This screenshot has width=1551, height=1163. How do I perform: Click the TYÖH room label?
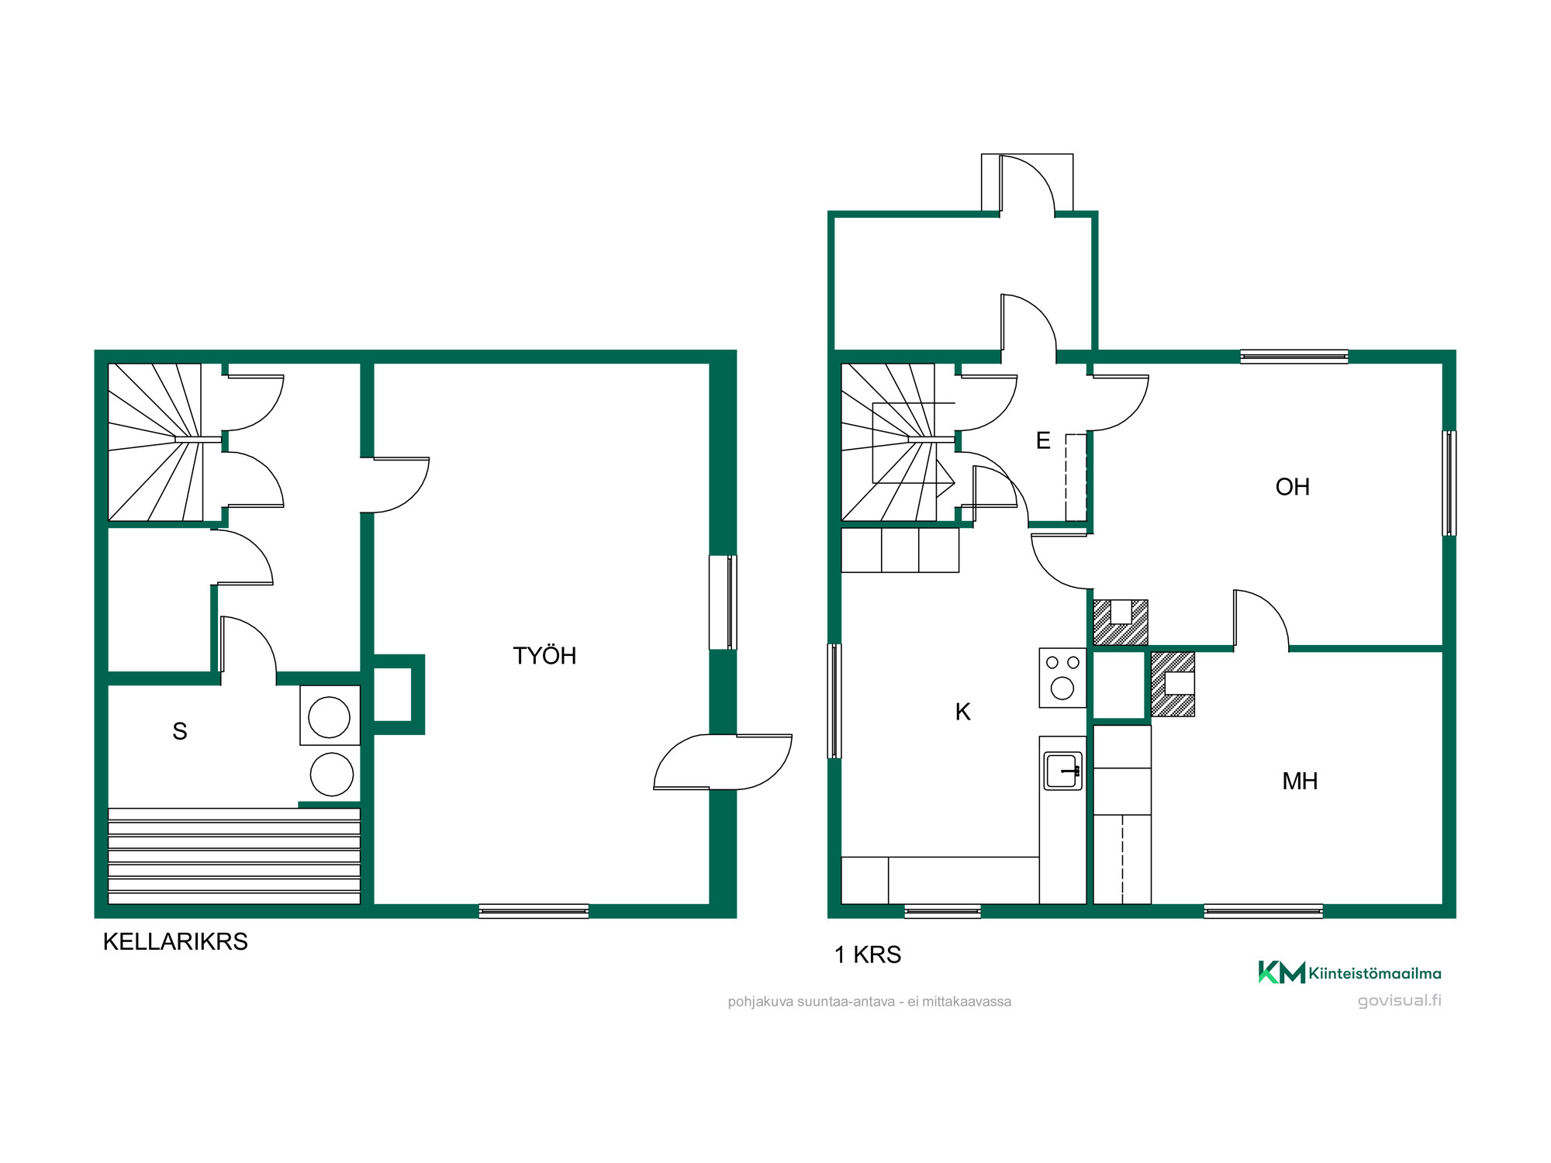(x=544, y=656)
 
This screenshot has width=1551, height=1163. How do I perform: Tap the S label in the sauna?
(x=180, y=731)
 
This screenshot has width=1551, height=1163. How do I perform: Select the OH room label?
(x=1293, y=487)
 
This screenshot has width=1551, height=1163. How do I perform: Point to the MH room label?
(x=1301, y=781)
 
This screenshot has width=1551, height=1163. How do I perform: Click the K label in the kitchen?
(x=963, y=712)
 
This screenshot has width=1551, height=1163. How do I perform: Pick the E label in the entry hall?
(x=1044, y=440)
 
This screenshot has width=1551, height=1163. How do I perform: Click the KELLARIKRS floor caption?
(x=175, y=941)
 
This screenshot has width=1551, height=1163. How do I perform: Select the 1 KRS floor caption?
(x=868, y=954)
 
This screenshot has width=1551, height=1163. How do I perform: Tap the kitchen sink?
(x=1062, y=771)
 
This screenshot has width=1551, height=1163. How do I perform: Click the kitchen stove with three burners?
(x=1062, y=678)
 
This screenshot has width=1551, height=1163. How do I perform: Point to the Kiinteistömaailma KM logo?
(x=1349, y=972)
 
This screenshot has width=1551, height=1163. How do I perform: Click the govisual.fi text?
(x=1400, y=1000)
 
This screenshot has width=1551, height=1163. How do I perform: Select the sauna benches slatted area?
(x=234, y=856)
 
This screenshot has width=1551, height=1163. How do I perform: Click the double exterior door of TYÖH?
(x=723, y=761)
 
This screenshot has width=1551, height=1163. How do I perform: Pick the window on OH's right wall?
(x=1449, y=483)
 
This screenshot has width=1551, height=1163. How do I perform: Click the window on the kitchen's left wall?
(x=834, y=701)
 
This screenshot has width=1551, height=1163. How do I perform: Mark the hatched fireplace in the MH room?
(x=1173, y=684)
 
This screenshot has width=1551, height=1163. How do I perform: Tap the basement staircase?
(x=155, y=442)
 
